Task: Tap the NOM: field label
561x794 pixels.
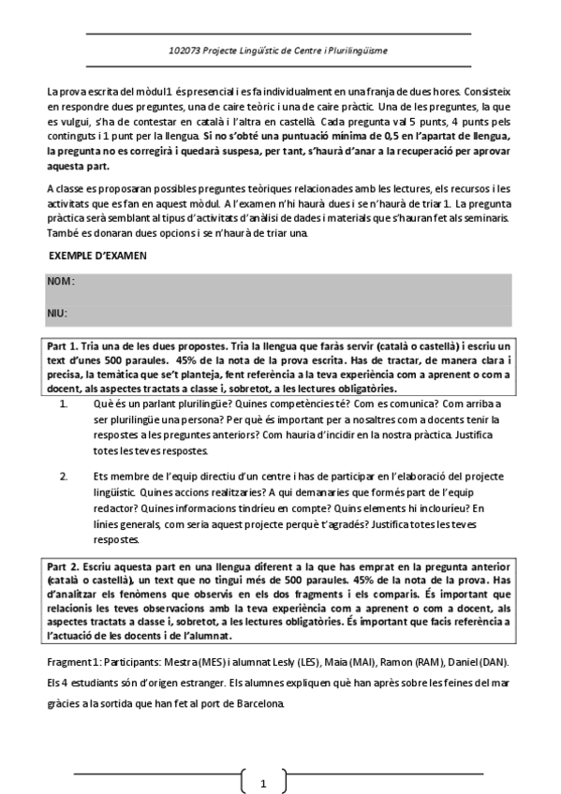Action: pyautogui.click(x=61, y=281)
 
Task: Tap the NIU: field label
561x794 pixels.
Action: pyautogui.click(x=59, y=313)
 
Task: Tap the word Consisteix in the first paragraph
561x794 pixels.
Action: pyautogui.click(x=486, y=93)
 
